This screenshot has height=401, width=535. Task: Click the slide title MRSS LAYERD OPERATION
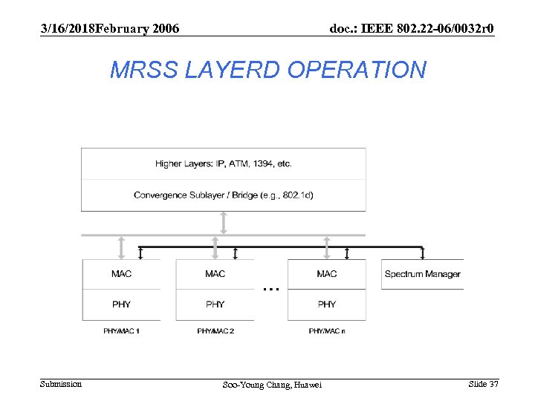coord(267,70)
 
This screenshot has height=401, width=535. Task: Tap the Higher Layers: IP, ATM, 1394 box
coord(223,163)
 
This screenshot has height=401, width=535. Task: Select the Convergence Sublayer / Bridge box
coord(223,195)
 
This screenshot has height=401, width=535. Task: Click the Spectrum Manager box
coord(422,274)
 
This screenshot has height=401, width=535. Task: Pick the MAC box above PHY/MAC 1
coord(121,274)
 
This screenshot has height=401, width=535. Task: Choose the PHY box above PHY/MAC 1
coord(121,304)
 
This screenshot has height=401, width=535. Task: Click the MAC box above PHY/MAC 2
coord(215,274)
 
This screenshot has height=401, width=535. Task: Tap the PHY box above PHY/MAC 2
coord(215,304)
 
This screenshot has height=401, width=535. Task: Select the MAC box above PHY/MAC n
coord(326,274)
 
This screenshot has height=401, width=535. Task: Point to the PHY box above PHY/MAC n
coord(326,304)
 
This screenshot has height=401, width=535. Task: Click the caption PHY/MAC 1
coord(121,330)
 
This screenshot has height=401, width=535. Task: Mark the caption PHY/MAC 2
coord(215,330)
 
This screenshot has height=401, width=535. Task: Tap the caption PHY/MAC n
coord(326,330)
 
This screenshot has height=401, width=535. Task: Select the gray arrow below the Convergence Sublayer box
coord(224,223)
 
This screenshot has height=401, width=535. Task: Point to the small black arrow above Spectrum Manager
coord(422,253)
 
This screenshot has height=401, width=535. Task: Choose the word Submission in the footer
coord(61,384)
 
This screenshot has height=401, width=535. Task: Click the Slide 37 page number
coord(483,384)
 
